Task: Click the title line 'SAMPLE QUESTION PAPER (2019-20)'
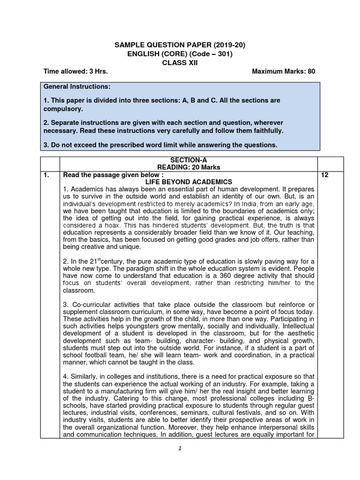(x=180, y=45)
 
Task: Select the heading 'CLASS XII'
(x=180, y=63)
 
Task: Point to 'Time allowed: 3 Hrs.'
(x=75, y=72)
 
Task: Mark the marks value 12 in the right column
(x=325, y=175)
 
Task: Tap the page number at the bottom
(x=180, y=448)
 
